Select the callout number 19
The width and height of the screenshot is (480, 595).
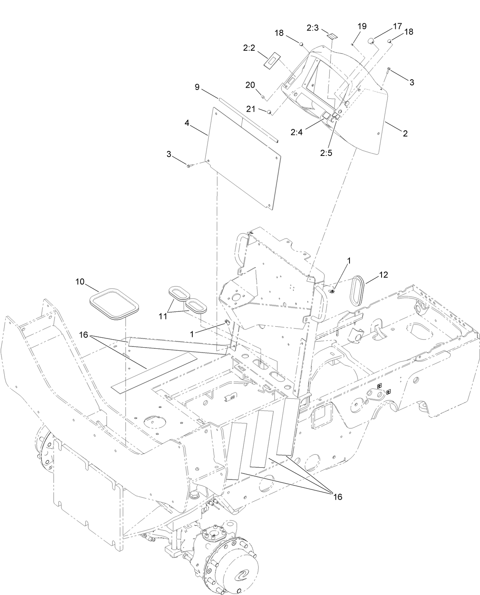tap(362, 26)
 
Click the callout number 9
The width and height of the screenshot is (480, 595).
tap(197, 87)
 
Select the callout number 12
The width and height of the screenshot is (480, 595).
tap(383, 275)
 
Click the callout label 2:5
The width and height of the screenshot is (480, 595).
tap(327, 153)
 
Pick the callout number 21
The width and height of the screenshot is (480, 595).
tap(250, 109)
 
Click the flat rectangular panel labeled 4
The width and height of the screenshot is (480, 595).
tap(242, 157)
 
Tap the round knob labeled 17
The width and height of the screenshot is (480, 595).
tap(370, 41)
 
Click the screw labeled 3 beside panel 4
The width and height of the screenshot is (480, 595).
tap(189, 165)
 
